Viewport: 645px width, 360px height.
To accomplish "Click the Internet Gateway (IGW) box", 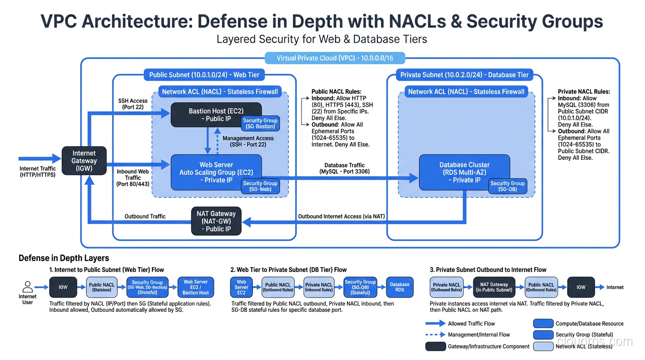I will [x=84, y=161].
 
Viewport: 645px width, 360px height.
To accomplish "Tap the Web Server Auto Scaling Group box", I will [x=216, y=172].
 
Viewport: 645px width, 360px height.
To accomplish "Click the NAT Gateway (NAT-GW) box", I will [x=216, y=221].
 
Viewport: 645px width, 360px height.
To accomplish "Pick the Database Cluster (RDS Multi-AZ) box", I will [x=464, y=172].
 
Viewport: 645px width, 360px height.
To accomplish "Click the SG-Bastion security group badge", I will [x=260, y=123].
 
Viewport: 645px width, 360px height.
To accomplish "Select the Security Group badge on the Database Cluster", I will [x=507, y=186].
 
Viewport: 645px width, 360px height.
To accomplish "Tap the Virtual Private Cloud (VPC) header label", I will [x=335, y=59].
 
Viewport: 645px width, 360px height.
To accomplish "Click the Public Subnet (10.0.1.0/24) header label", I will [x=204, y=75].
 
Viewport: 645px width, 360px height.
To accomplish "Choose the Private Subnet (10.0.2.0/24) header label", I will [x=464, y=75].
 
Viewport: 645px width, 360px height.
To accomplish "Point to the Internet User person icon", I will [x=28, y=287].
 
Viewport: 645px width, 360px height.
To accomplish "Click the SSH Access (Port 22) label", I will [x=133, y=104].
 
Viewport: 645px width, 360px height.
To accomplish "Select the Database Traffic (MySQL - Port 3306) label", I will [x=345, y=168].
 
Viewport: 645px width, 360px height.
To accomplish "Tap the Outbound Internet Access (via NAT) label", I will [x=341, y=216].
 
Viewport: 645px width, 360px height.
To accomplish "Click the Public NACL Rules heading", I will [x=337, y=92].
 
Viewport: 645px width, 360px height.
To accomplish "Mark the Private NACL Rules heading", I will [x=584, y=92].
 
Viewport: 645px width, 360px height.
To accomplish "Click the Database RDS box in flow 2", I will [x=399, y=287].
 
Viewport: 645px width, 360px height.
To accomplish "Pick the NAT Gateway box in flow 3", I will [x=494, y=287].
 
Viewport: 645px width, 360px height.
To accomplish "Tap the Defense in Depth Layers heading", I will [x=64, y=258].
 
